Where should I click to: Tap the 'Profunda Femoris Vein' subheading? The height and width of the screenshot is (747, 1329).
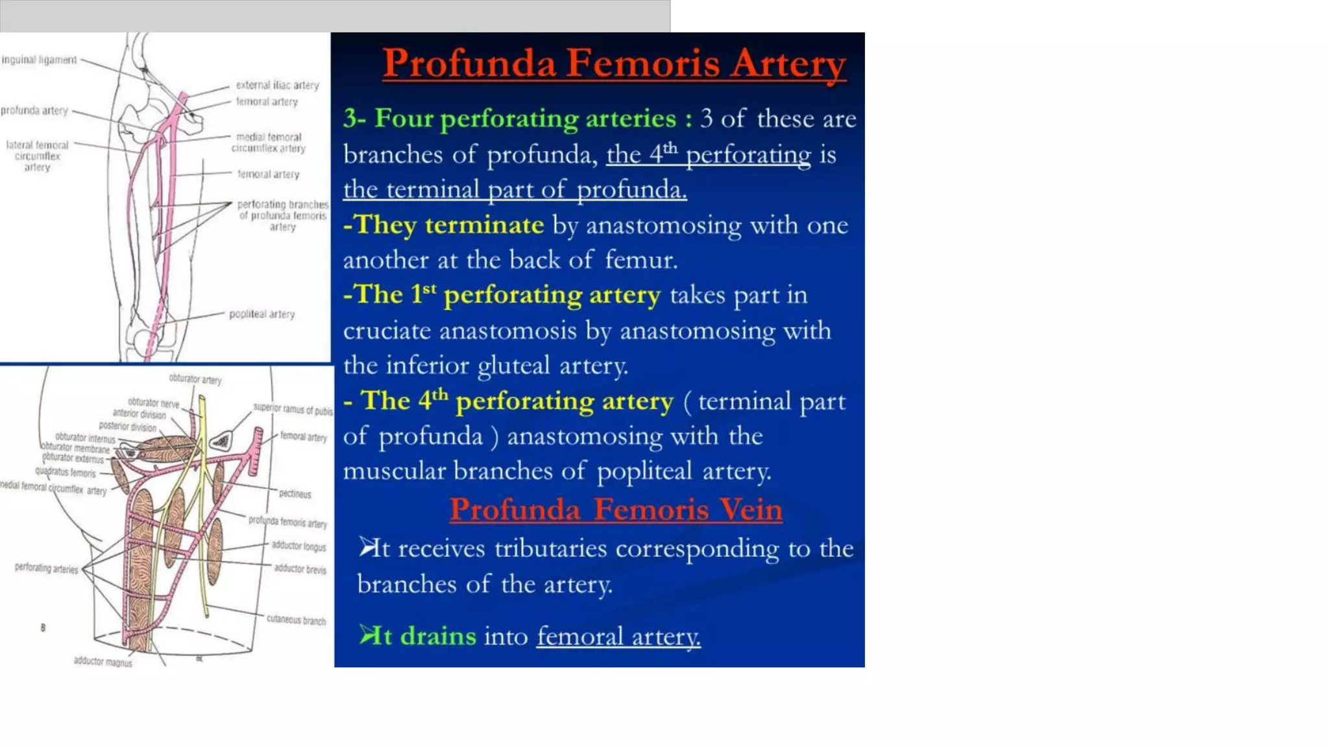click(615, 509)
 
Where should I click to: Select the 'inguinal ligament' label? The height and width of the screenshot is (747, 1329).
click(39, 60)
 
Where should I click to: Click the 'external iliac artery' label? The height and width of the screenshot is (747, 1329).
click(277, 85)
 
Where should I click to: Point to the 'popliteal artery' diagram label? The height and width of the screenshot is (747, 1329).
click(262, 314)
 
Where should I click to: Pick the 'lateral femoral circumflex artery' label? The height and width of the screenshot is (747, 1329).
click(37, 156)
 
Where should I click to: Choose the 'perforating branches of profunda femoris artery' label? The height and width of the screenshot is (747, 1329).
click(282, 215)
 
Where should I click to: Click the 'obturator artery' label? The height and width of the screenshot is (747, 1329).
click(195, 379)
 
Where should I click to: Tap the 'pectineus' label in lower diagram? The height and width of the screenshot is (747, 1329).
click(295, 493)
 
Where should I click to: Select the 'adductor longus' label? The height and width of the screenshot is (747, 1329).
click(299, 546)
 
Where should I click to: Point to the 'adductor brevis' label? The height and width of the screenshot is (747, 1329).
click(300, 569)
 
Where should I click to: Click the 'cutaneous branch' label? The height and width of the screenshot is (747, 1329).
click(296, 620)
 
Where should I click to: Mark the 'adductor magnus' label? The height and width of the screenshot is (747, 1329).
click(103, 661)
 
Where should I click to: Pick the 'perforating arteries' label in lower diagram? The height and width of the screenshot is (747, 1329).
click(46, 568)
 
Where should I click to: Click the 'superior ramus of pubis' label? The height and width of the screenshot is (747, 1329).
click(293, 409)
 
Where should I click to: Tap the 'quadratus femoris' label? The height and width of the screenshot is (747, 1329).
click(65, 472)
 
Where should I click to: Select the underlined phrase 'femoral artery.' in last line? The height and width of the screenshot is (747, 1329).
click(618, 636)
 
